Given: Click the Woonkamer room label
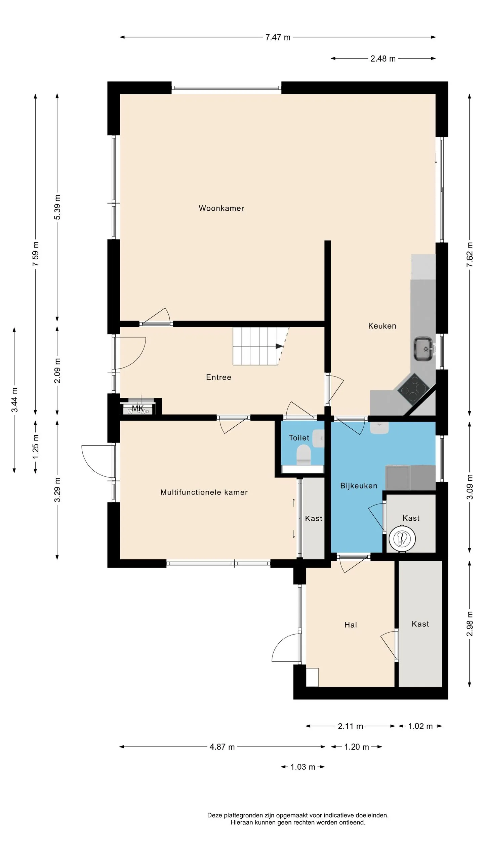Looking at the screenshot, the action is [x=221, y=208].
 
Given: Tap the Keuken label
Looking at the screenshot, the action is [x=382, y=326].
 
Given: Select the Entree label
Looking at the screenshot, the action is [x=218, y=377].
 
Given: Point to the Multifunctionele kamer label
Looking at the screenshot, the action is [x=204, y=492].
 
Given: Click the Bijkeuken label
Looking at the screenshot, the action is [x=359, y=486].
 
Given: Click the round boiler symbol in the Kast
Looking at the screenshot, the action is [x=402, y=539].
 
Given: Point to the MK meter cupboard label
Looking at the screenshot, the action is [x=138, y=408].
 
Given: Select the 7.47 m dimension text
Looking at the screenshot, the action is [x=278, y=37].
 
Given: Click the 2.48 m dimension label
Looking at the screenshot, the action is [x=383, y=59].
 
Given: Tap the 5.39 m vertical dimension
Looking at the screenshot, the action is [x=57, y=207].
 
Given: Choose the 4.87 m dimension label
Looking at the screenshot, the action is [x=222, y=747].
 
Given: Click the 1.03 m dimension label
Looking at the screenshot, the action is [x=302, y=767].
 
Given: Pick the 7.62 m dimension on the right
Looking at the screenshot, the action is [x=470, y=255].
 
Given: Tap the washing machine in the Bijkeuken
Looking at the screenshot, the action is [x=398, y=477].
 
